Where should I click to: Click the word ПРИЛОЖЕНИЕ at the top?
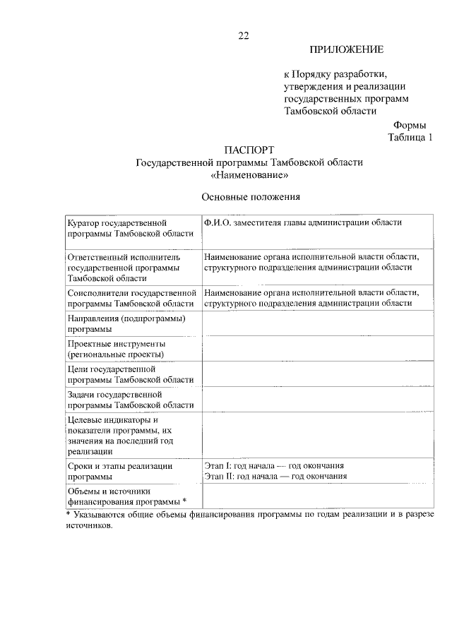(x=346, y=49)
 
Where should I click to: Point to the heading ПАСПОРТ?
(x=249, y=150)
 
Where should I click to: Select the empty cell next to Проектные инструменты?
(x=317, y=348)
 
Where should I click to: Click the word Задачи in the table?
(x=83, y=393)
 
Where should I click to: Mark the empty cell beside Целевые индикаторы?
(x=317, y=435)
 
